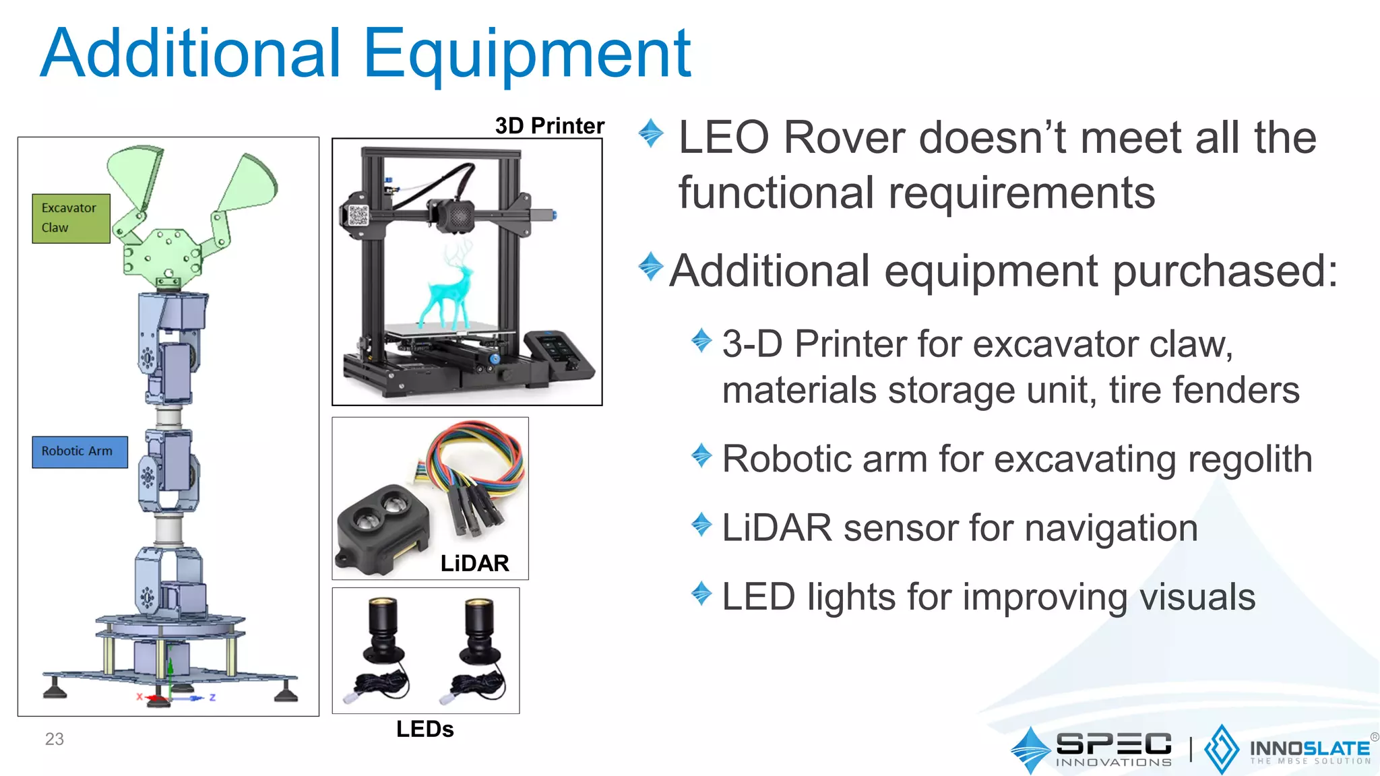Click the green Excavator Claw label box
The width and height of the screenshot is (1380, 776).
click(71, 218)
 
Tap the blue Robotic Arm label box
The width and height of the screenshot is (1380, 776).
click(80, 451)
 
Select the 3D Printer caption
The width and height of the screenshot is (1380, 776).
click(549, 126)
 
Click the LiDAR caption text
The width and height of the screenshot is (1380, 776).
click(474, 563)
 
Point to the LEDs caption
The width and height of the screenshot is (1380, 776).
click(425, 729)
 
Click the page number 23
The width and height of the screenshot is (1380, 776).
click(55, 739)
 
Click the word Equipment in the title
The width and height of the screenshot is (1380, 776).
click(527, 54)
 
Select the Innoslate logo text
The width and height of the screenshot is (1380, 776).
click(1309, 749)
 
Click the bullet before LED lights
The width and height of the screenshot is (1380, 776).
click(701, 593)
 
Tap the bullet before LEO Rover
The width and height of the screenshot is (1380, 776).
click(651, 132)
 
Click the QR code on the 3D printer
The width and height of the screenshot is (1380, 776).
click(358, 216)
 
